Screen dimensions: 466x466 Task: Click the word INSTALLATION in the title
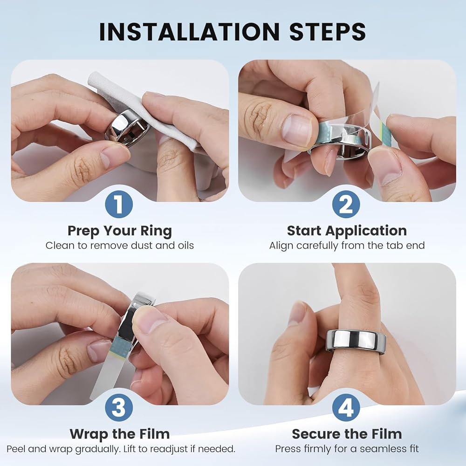[189, 32]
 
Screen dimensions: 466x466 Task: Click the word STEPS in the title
[328, 32]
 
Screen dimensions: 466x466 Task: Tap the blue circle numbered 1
[119, 204]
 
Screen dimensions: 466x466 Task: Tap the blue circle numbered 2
[346, 204]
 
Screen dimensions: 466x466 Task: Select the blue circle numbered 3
[119, 407]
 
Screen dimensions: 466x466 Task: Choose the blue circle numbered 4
[346, 407]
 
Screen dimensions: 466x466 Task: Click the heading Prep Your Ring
[120, 231]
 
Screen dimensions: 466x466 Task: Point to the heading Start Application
[347, 231]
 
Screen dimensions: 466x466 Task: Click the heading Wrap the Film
[120, 434]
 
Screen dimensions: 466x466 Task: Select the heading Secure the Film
[347, 434]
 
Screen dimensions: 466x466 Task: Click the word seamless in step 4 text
[381, 449]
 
